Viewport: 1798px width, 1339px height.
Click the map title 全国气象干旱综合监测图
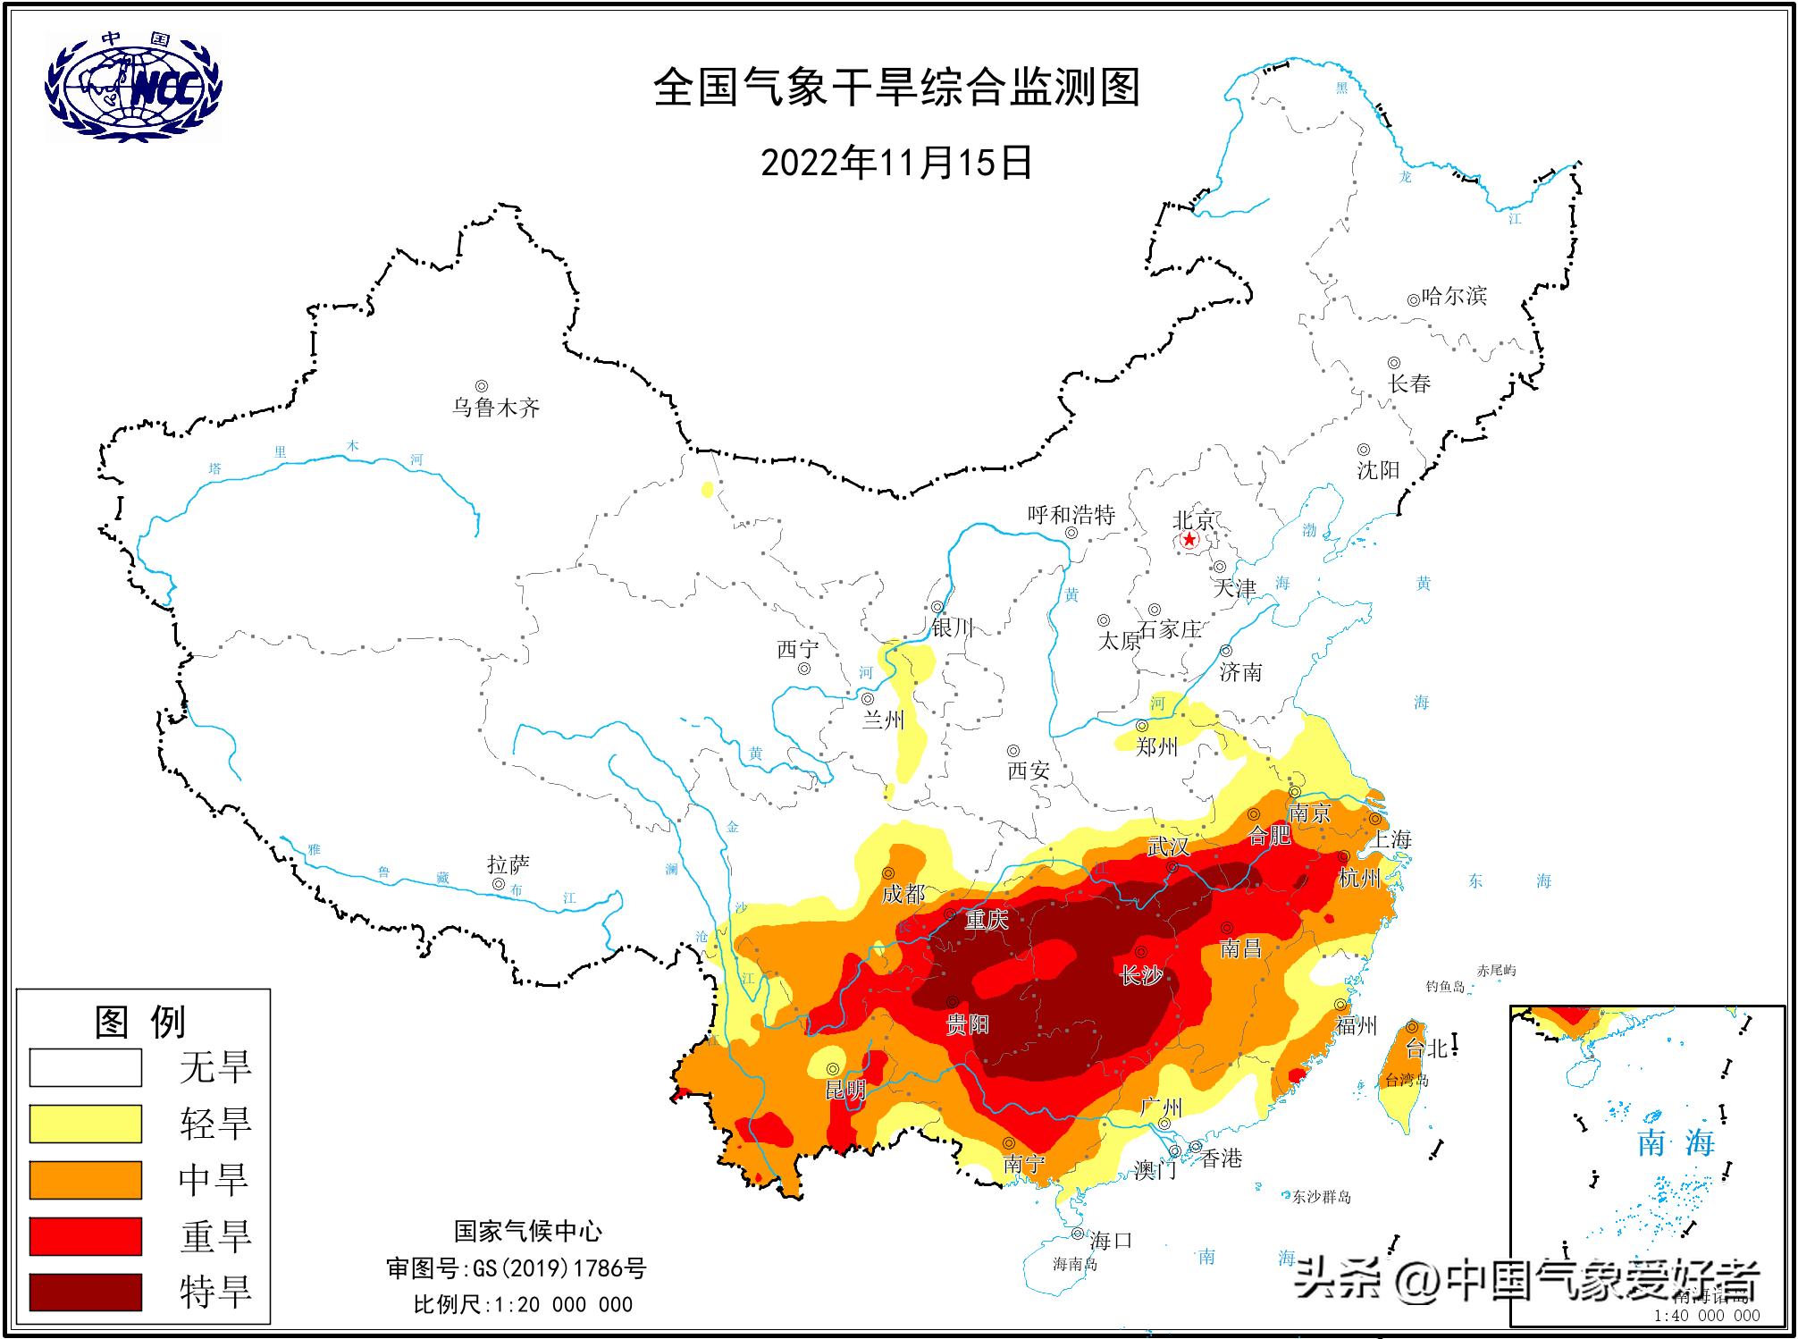[x=896, y=88]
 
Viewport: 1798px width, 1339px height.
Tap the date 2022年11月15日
[x=896, y=163]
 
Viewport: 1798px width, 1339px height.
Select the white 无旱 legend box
[x=86, y=1067]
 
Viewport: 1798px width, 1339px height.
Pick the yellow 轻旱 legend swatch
[x=86, y=1124]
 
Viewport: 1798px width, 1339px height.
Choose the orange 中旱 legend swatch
[x=86, y=1180]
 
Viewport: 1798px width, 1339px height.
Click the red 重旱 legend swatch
[x=86, y=1236]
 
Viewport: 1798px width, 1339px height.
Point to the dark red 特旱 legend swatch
[x=86, y=1293]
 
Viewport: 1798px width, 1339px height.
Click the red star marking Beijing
[x=1189, y=540]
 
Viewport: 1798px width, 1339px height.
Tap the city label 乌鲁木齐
[x=496, y=408]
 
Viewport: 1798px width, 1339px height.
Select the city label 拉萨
[x=508, y=864]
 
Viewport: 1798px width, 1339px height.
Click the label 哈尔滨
[x=1454, y=296]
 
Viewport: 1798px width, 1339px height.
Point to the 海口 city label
[x=1111, y=1240]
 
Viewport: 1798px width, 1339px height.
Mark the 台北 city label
[x=1426, y=1048]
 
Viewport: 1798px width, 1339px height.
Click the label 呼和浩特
[x=1071, y=515]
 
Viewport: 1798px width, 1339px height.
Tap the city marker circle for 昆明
[x=832, y=1069]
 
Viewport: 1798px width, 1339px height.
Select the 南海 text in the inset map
[x=1676, y=1142]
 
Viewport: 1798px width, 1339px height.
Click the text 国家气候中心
[x=528, y=1231]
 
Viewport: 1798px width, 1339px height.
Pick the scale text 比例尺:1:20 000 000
[x=523, y=1304]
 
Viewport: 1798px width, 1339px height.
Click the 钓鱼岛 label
[x=1446, y=987]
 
